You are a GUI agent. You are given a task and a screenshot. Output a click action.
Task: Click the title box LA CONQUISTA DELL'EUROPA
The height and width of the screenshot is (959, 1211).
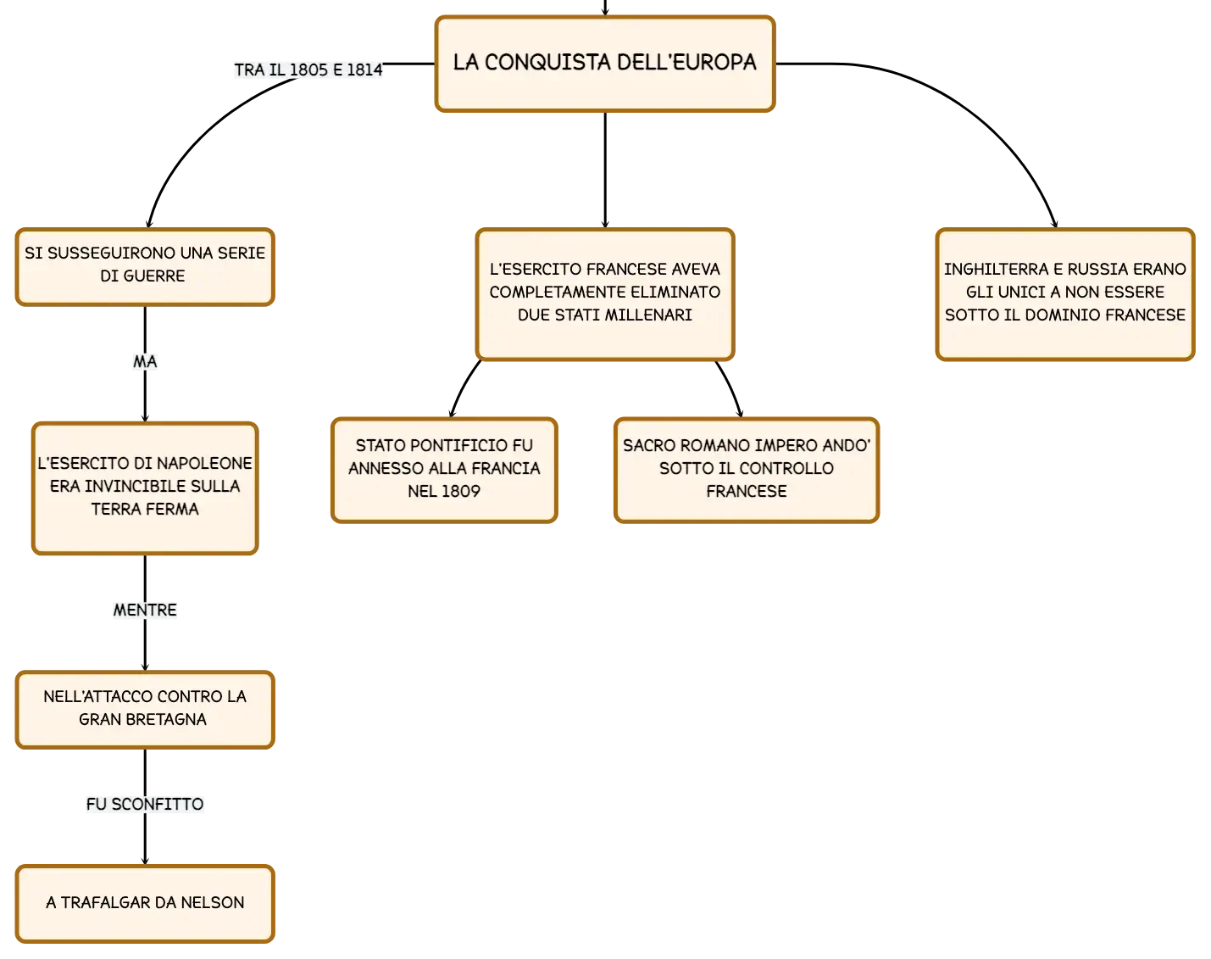click(605, 64)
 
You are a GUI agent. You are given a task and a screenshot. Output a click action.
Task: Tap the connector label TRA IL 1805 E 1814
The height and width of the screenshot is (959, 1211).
click(308, 70)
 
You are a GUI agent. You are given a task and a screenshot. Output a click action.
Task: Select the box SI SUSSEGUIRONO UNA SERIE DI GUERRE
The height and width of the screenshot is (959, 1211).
click(145, 267)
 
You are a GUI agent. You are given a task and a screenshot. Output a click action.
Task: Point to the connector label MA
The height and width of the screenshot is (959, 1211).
click(145, 361)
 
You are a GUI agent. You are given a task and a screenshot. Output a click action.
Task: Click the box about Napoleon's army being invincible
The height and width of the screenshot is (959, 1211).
click(145, 488)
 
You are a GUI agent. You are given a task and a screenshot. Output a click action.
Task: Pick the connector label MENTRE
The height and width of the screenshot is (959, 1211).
click(145, 610)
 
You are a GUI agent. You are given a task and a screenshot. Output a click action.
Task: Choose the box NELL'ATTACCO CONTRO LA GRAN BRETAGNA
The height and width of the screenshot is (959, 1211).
click(145, 710)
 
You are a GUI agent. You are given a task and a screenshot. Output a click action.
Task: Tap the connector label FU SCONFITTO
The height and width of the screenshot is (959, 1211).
click(145, 804)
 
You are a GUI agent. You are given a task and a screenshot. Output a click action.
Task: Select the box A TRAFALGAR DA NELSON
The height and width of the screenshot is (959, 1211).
click(145, 904)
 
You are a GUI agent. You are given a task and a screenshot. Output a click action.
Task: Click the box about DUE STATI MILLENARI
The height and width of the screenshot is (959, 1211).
click(605, 294)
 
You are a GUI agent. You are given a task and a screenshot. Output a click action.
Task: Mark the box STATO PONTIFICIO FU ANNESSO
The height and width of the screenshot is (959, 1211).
click(444, 471)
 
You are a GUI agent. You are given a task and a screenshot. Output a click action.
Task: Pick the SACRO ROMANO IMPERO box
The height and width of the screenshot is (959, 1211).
click(747, 471)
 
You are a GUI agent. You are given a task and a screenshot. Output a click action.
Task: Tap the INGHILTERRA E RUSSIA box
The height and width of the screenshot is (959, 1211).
click(1065, 294)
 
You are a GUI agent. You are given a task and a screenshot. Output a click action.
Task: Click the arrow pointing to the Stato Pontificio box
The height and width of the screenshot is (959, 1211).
click(463, 388)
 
